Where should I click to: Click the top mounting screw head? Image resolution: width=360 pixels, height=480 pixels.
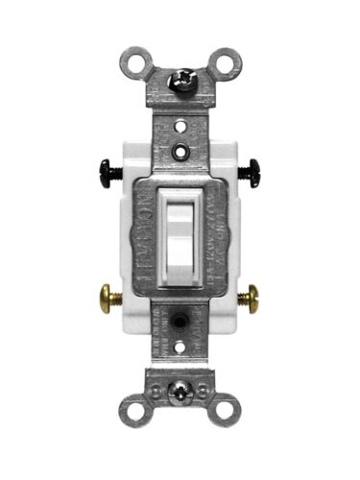click(x=181, y=82)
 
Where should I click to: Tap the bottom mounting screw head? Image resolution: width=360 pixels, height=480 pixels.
click(x=179, y=392)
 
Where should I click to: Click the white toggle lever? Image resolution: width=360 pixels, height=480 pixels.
click(x=180, y=236)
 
